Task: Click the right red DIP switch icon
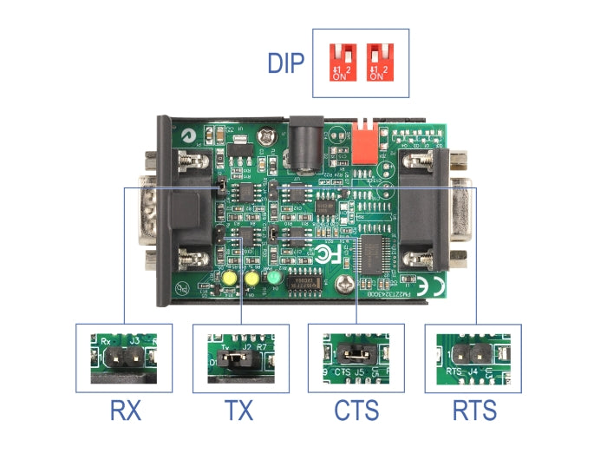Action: point(378,62)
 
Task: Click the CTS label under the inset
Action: point(356,410)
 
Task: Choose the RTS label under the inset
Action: point(473,410)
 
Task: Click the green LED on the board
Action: point(275,278)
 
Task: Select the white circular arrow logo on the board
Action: point(189,136)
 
